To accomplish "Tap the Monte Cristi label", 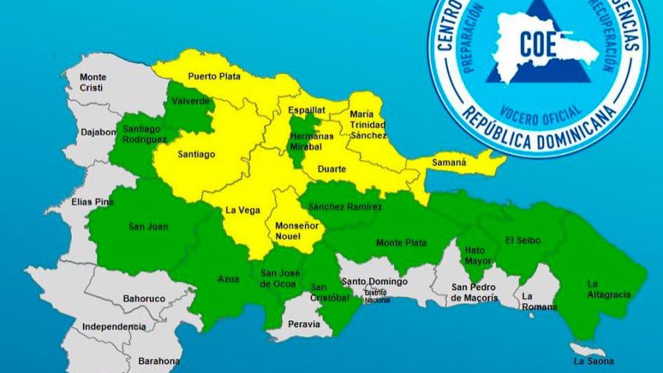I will pos(93,82).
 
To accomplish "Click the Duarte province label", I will pos(331,169).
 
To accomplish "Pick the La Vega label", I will pos(243,210).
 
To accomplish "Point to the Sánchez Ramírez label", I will pos(346,207).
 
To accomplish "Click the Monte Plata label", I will pos(400,243).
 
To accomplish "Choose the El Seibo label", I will pos(523,241).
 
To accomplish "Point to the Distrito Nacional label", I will pos(377,295).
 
